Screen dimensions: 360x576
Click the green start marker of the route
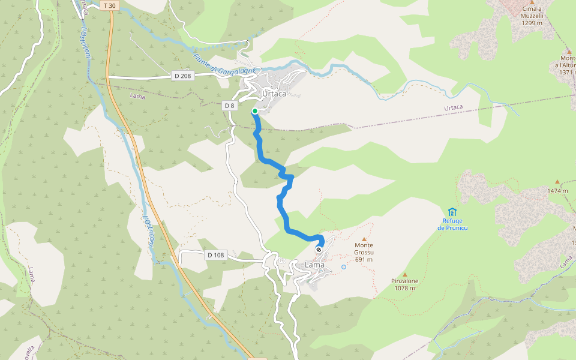coord(255,111)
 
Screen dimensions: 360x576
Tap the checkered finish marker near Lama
coord(319,250)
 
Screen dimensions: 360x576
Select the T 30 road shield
coord(109,5)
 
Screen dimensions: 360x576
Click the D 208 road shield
coord(183,76)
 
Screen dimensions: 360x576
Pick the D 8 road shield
coord(229,106)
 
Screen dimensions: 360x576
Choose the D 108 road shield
coord(215,255)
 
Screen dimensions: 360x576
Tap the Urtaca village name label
coord(274,94)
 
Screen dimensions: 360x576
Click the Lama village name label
coord(314,265)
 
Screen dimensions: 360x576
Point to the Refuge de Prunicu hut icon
coord(452,211)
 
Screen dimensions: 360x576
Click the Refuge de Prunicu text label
coord(452,224)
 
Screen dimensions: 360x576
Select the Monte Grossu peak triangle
coord(364,239)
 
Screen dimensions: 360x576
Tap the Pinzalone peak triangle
coord(404,274)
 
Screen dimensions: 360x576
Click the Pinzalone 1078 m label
coord(404,284)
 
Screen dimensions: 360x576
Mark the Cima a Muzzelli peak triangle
coord(532,2)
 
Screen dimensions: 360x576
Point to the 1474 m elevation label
coord(557,191)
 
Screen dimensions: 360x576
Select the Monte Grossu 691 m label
coord(364,252)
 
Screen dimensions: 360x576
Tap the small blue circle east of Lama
coord(344,267)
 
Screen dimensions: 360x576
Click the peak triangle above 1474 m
coord(557,181)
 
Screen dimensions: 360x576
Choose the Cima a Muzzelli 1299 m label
coord(532,16)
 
